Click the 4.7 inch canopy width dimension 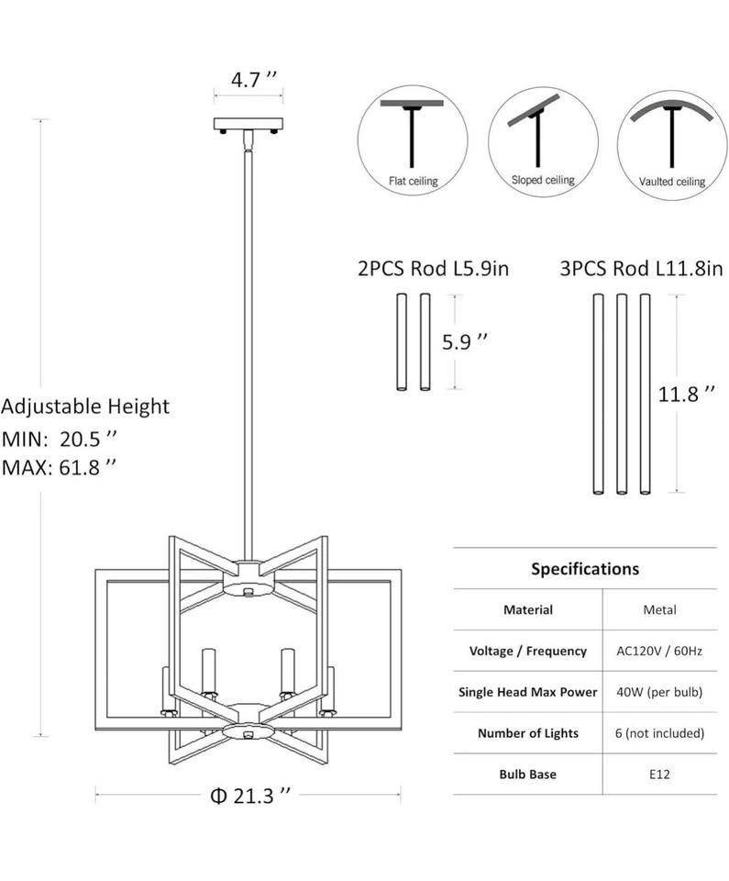pyautogui.click(x=254, y=80)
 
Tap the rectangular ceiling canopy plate pyautogui.click(x=249, y=124)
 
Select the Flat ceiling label pyautogui.click(x=413, y=181)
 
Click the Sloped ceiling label pyautogui.click(x=543, y=180)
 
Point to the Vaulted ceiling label pyautogui.click(x=672, y=182)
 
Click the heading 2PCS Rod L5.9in pyautogui.click(x=433, y=269)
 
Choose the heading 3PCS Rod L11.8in pyautogui.click(x=641, y=269)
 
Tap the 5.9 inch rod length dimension pyautogui.click(x=465, y=341)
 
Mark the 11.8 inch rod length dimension pyautogui.click(x=686, y=394)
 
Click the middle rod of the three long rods pyautogui.click(x=621, y=394)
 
